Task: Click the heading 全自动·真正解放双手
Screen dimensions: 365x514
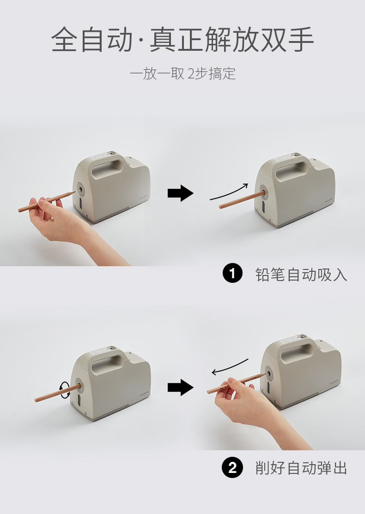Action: [x=182, y=40]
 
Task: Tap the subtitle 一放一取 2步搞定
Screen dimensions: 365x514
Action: [x=183, y=73]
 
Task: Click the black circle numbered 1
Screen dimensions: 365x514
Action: [x=232, y=274]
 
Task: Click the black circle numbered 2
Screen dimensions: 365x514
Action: [x=232, y=467]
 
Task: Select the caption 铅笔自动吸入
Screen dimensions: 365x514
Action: [x=301, y=275]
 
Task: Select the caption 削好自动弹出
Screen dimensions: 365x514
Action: [x=301, y=468]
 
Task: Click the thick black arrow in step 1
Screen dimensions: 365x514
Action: [x=181, y=193]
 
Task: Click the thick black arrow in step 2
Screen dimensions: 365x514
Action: [x=181, y=388]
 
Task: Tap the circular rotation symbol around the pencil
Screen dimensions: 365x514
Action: [x=65, y=389]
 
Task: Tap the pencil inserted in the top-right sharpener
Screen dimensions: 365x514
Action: [x=241, y=199]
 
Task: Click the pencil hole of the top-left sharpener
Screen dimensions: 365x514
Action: [x=80, y=189]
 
